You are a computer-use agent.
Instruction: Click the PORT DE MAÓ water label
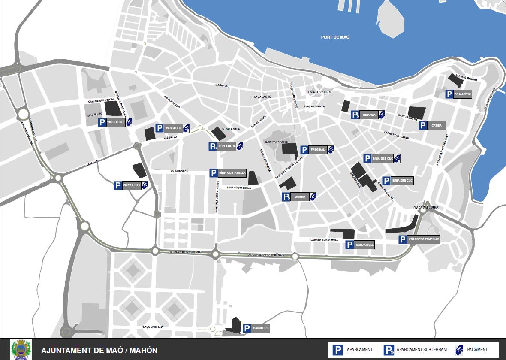[x=335, y=37]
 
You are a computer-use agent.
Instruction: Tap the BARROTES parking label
[x=261, y=328]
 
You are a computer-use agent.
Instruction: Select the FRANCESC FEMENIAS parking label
[x=424, y=239]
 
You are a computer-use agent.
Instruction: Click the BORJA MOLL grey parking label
[x=365, y=245]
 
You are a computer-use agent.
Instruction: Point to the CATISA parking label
[x=437, y=125]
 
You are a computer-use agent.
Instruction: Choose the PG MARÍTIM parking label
[x=463, y=94]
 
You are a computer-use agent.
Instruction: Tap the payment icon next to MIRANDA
[x=382, y=115]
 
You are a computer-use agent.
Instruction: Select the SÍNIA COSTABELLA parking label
[x=232, y=173]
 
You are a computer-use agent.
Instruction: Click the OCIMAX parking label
[x=300, y=197]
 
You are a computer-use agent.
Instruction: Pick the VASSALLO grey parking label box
[x=173, y=128]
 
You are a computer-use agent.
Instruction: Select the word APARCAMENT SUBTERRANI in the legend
[x=422, y=350]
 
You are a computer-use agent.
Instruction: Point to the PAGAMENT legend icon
[x=459, y=350]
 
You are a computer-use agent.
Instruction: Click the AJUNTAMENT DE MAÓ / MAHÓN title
[x=99, y=351]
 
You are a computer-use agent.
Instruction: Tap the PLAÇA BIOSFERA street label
[x=152, y=327]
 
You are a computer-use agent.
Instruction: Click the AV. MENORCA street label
[x=179, y=171]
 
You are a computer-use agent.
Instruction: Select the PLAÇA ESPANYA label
[x=314, y=106]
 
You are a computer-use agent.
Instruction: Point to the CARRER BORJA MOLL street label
[x=324, y=240]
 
